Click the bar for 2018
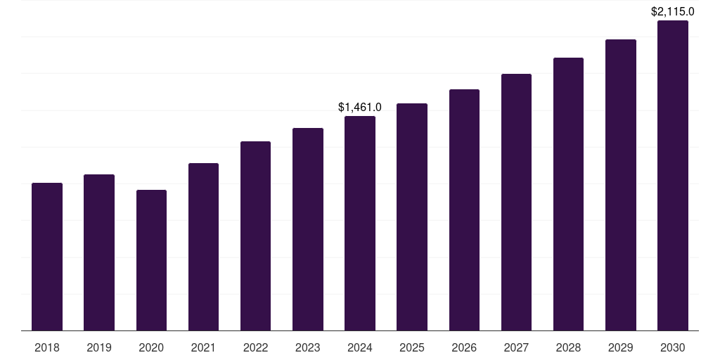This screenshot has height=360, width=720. (47, 257)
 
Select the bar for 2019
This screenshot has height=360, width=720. (99, 252)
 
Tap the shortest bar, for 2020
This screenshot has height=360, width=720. (151, 260)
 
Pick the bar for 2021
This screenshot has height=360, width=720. (203, 247)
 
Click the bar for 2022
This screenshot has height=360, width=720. (255, 236)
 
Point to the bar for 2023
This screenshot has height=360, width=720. (308, 229)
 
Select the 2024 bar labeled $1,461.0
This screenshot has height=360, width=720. (360, 223)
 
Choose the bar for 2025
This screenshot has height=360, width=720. (412, 217)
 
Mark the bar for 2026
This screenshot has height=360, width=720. (464, 210)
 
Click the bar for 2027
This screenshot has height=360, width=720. (516, 202)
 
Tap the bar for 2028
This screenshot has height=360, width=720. (568, 194)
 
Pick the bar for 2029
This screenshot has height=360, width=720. (621, 185)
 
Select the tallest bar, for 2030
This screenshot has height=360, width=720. (673, 175)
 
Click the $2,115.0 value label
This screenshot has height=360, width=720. (673, 11)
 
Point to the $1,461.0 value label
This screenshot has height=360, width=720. (360, 108)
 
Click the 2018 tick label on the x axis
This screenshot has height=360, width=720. (47, 347)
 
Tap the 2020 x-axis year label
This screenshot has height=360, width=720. (151, 347)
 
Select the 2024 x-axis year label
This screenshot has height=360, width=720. (360, 347)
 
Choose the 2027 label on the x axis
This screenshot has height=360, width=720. (516, 347)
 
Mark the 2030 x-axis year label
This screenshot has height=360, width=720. (673, 347)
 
